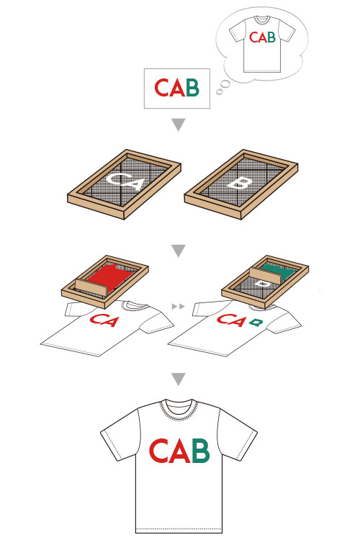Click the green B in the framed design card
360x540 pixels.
192,87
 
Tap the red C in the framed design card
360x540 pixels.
161,88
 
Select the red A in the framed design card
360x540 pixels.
178,88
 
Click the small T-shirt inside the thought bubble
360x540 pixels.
262,44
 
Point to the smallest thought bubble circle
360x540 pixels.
219,92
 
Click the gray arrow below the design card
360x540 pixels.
179,125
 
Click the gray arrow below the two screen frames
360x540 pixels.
179,251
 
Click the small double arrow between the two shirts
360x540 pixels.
178,306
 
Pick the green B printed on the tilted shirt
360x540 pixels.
256,323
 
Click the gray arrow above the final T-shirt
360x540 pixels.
179,379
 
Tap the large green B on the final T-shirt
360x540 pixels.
200,451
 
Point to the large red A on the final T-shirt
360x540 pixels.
179,451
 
